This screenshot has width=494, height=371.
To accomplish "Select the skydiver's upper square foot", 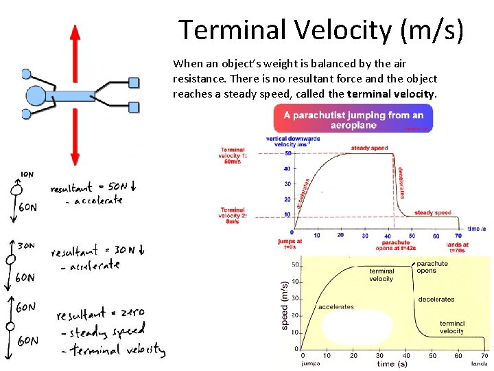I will coord(134,83).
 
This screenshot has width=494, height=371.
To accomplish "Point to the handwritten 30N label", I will coord(26,245).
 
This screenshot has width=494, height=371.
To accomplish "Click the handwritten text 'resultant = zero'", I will coord(100,314).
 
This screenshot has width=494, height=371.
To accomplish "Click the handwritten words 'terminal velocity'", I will coord(117,350).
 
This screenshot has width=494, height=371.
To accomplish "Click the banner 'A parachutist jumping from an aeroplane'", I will coord(353,119).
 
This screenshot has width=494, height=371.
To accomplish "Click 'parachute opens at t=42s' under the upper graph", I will coord(396,245).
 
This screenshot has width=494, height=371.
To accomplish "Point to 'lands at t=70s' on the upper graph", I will coord(458,247).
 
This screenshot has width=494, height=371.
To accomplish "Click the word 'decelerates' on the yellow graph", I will coord(436,299).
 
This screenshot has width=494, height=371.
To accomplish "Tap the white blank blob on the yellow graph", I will coord(357,327).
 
